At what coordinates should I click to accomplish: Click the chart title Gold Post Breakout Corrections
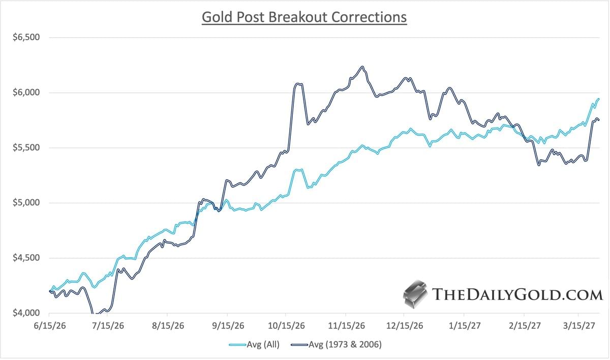(304, 17)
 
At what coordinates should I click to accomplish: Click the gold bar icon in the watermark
(415, 294)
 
